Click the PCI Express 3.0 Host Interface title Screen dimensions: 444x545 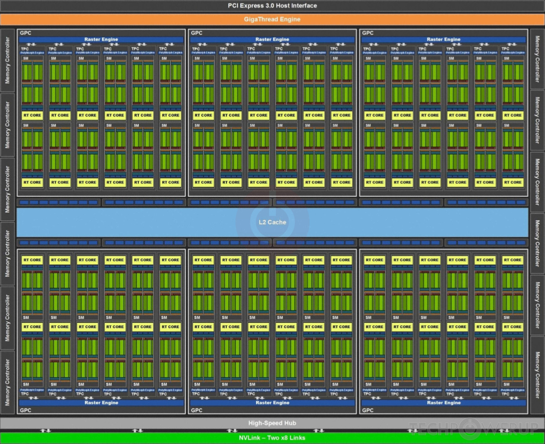click(x=272, y=6)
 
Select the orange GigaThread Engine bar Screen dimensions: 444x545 click(x=272, y=19)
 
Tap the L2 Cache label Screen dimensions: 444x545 click(x=272, y=222)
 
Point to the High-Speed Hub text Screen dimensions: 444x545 click(x=272, y=423)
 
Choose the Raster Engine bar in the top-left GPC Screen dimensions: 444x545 click(x=101, y=39)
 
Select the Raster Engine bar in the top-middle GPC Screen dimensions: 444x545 click(x=272, y=39)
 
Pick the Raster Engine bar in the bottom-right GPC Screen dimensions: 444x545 click(x=444, y=403)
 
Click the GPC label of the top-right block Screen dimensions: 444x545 click(x=368, y=33)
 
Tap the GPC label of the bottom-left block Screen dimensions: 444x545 click(x=26, y=410)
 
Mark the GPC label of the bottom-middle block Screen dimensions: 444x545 click(x=197, y=410)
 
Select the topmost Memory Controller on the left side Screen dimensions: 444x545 click(x=7, y=60)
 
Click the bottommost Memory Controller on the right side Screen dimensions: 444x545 click(x=537, y=375)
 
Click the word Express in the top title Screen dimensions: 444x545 click(x=253, y=6)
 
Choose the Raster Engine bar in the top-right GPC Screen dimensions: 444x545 click(x=444, y=39)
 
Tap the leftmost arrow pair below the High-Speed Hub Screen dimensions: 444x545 click(x=46, y=431)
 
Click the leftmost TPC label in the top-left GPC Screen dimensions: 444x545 click(x=25, y=49)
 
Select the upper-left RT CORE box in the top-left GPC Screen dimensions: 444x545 click(x=32, y=115)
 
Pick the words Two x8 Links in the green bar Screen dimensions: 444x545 click(x=286, y=438)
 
